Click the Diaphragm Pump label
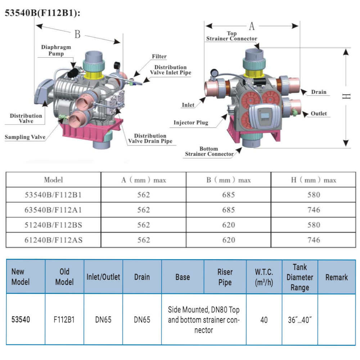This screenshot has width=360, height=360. pyautogui.click(x=56, y=50)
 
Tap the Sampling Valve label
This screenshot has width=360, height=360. pyautogui.click(x=25, y=137)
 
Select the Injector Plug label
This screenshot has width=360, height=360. pyautogui.click(x=191, y=123)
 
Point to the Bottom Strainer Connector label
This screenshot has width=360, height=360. pyautogui.click(x=209, y=151)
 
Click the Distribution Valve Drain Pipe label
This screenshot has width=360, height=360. pyautogui.click(x=150, y=139)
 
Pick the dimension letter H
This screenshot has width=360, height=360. pyautogui.click(x=346, y=96)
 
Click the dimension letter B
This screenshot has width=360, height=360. pyautogui.click(x=78, y=35)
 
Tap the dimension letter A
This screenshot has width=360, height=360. pyautogui.click(x=252, y=26)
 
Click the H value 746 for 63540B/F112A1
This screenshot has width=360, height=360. pyautogui.click(x=314, y=210)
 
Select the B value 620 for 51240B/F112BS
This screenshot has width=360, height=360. pyautogui.click(x=229, y=225)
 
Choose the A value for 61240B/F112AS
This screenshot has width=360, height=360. pyautogui.click(x=144, y=240)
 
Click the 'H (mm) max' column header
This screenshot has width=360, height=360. pyautogui.click(x=314, y=180)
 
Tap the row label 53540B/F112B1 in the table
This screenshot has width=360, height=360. pyautogui.click(x=53, y=195)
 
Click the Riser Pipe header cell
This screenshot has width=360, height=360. pyautogui.click(x=225, y=277)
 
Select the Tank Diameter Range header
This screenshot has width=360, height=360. pyautogui.click(x=300, y=277)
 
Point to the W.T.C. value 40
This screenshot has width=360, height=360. pyautogui.click(x=264, y=320)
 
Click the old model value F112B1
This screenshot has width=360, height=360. pyautogui.click(x=64, y=320)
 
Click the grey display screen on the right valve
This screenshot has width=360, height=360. pyautogui.click(x=265, y=116)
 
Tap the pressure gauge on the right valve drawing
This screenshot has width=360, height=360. pyautogui.click(x=215, y=73)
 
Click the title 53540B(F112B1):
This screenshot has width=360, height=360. pyautogui.click(x=42, y=13)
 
